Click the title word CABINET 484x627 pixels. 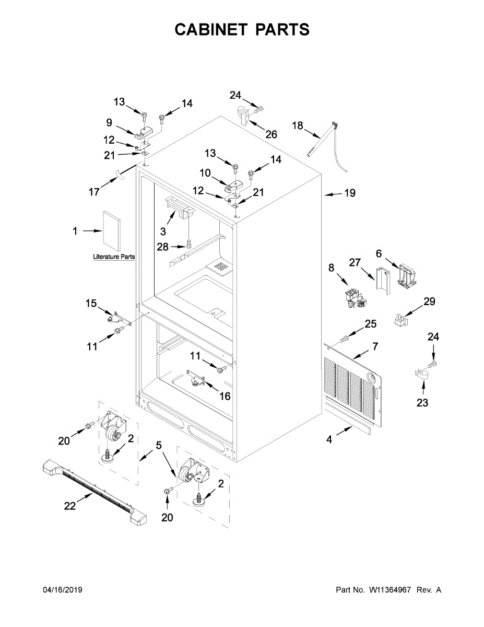point(211,30)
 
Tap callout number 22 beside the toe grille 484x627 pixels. point(69,506)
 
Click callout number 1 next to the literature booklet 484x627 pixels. point(75,230)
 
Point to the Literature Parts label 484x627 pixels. point(114,257)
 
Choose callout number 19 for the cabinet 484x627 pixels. point(349,193)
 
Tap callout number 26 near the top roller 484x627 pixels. point(271,134)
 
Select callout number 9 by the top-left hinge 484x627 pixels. point(109,123)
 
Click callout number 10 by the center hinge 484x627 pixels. point(205,173)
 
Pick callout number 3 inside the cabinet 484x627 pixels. point(163,231)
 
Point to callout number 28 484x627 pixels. point(163,247)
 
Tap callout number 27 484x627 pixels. point(355,262)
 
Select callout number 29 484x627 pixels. point(429,301)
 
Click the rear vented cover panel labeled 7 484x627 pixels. point(355,381)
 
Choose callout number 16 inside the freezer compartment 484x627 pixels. point(225,396)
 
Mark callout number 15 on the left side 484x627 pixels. point(91,303)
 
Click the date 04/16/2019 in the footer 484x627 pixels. point(62,590)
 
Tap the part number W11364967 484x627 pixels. point(391,590)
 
